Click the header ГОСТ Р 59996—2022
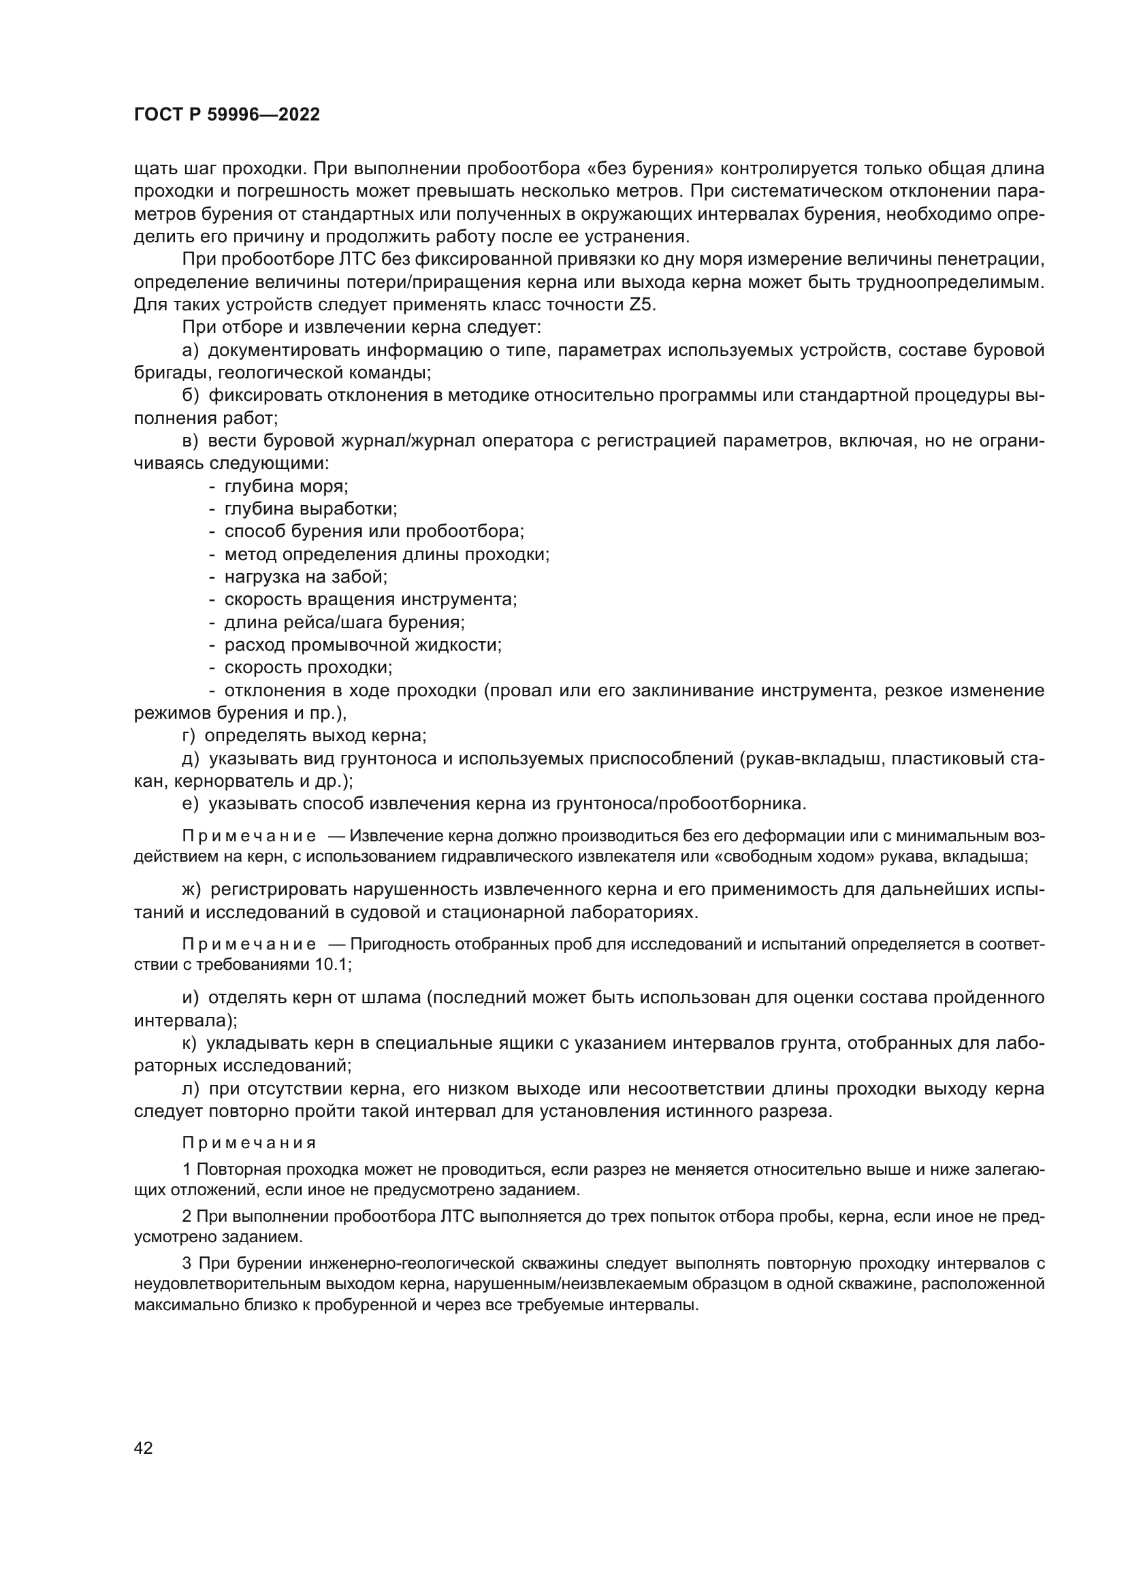pos(227,115)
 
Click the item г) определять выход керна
pos(304,736)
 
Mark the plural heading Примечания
pos(249,1143)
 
